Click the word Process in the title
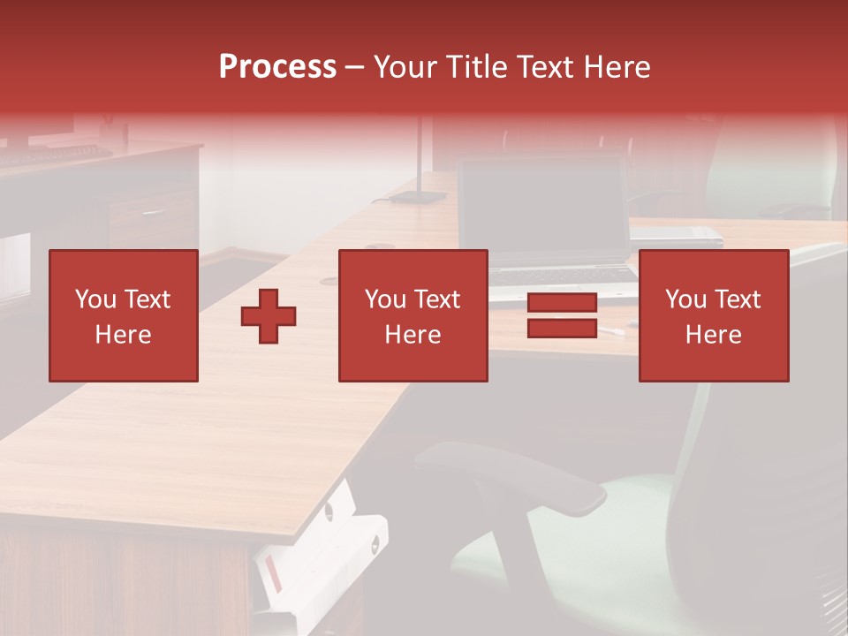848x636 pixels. [277, 67]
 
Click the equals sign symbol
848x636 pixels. [562, 315]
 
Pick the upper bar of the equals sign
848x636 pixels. [562, 304]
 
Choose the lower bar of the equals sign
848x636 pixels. [562, 328]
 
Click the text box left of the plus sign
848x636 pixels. [123, 315]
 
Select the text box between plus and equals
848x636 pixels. [413, 315]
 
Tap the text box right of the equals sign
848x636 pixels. [713, 315]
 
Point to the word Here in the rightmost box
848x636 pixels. [713, 335]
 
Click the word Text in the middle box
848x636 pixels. [437, 299]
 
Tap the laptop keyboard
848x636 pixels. [561, 275]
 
